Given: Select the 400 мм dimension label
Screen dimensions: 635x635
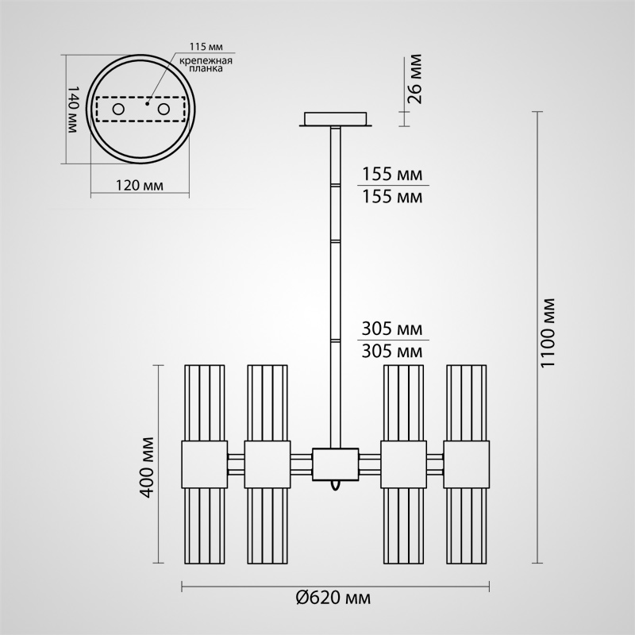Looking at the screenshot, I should pos(145,466).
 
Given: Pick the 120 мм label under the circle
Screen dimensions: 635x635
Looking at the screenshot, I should pos(140,186).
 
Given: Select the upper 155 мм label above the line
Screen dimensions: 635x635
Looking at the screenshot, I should pos(391,175).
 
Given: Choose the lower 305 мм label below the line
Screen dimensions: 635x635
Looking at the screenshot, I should pos(391,350).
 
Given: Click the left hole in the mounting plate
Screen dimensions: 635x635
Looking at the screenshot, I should pos(118,108).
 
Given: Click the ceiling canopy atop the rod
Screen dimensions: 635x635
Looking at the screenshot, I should pos(337,119).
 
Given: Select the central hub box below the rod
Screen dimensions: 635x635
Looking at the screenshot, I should pos(336,464).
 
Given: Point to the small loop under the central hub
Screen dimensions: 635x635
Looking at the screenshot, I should pos(337,483).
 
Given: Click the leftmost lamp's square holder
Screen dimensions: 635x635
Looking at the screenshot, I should pos(206,464).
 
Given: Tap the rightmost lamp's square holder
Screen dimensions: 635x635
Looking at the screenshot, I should pos(467,464).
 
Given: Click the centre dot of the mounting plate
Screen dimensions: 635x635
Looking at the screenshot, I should pos(148,102).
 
